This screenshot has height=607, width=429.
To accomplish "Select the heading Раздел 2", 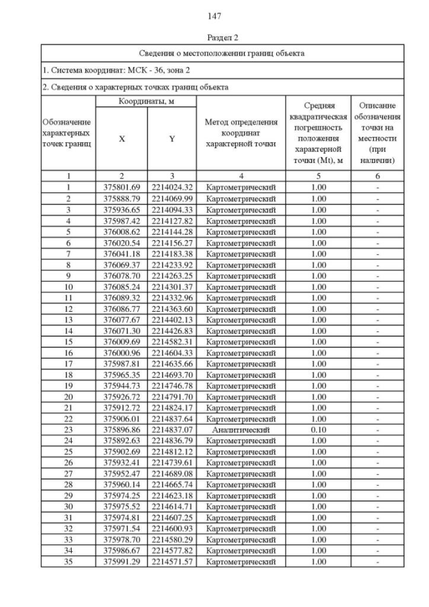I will pos(214,38).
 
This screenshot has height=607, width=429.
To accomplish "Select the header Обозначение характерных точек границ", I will pos(67,133).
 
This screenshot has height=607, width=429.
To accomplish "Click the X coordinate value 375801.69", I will pos(121,188).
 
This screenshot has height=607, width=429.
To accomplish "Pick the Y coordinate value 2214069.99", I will pos(172,199).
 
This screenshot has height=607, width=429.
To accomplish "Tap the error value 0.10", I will pos(318,429).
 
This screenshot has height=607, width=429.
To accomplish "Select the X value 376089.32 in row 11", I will pos(121,298).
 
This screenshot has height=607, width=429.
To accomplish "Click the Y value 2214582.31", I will pos(172,341).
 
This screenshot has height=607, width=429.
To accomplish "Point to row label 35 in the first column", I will pos(68,561).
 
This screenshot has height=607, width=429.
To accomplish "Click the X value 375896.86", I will pos(121,429).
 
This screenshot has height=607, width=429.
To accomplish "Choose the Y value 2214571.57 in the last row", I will pos(172,561).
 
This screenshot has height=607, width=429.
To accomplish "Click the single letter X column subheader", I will pos(121,139).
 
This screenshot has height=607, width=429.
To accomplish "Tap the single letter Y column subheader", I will pos(172,139).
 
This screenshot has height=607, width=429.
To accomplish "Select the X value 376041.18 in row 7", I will pos(121,254).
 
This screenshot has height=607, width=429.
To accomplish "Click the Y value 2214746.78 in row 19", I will pos(172,386).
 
